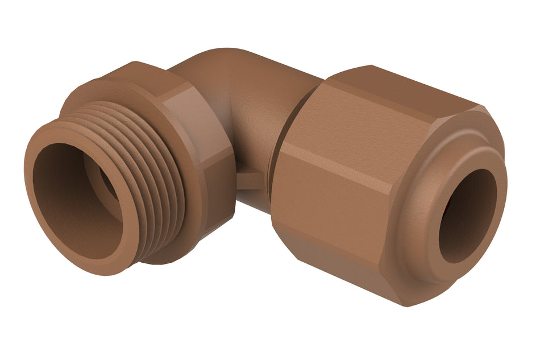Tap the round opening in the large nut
pyautogui.click(x=467, y=216)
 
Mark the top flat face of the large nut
pyautogui.click(x=398, y=97)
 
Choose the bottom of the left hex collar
pyautogui.click(x=188, y=250)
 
